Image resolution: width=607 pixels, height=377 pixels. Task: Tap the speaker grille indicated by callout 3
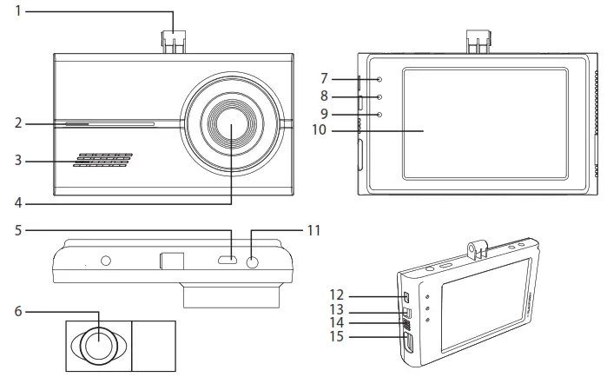click(102, 161)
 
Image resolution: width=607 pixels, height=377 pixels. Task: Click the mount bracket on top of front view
click(174, 42)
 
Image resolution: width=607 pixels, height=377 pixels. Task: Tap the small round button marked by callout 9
click(380, 115)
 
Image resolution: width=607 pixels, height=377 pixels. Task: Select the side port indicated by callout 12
click(406, 297)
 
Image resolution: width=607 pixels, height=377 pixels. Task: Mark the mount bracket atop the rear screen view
click(478, 42)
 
